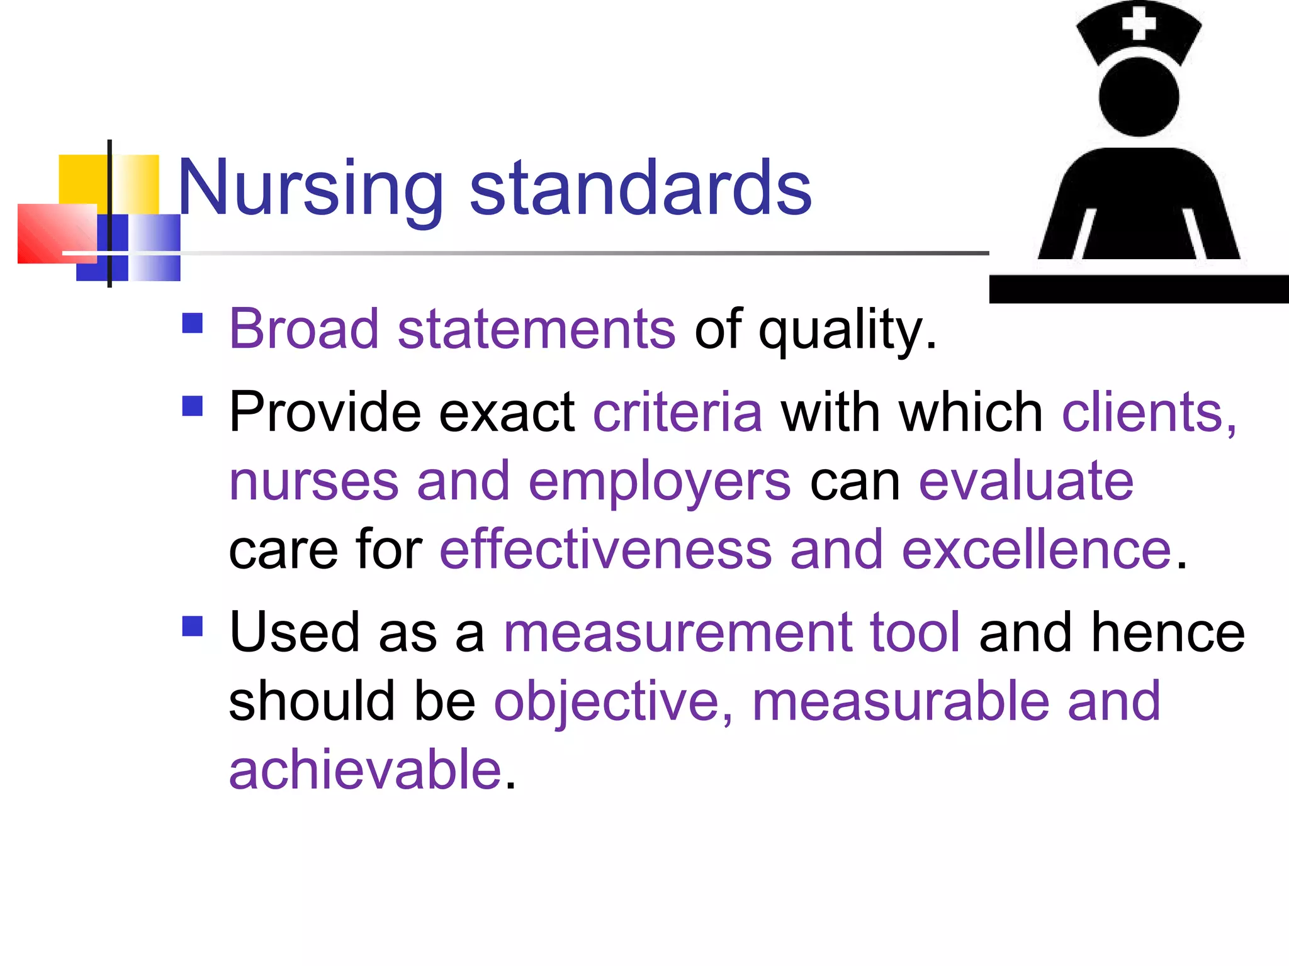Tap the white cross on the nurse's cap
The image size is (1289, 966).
click(x=1139, y=25)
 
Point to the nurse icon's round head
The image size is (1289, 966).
click(x=1139, y=97)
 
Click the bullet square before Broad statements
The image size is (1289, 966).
click(x=193, y=323)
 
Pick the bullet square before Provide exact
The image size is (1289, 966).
click(x=193, y=406)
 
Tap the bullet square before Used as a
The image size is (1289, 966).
click(x=193, y=626)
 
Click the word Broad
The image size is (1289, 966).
click(x=304, y=330)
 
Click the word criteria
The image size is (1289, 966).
click(x=678, y=413)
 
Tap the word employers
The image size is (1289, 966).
click(x=660, y=483)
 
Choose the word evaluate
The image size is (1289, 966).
click(x=1026, y=482)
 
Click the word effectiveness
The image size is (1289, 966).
click(x=605, y=550)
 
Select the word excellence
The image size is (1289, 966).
click(x=1036, y=550)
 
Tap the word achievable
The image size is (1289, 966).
click(x=365, y=770)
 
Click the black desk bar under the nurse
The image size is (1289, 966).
click(x=1139, y=289)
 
